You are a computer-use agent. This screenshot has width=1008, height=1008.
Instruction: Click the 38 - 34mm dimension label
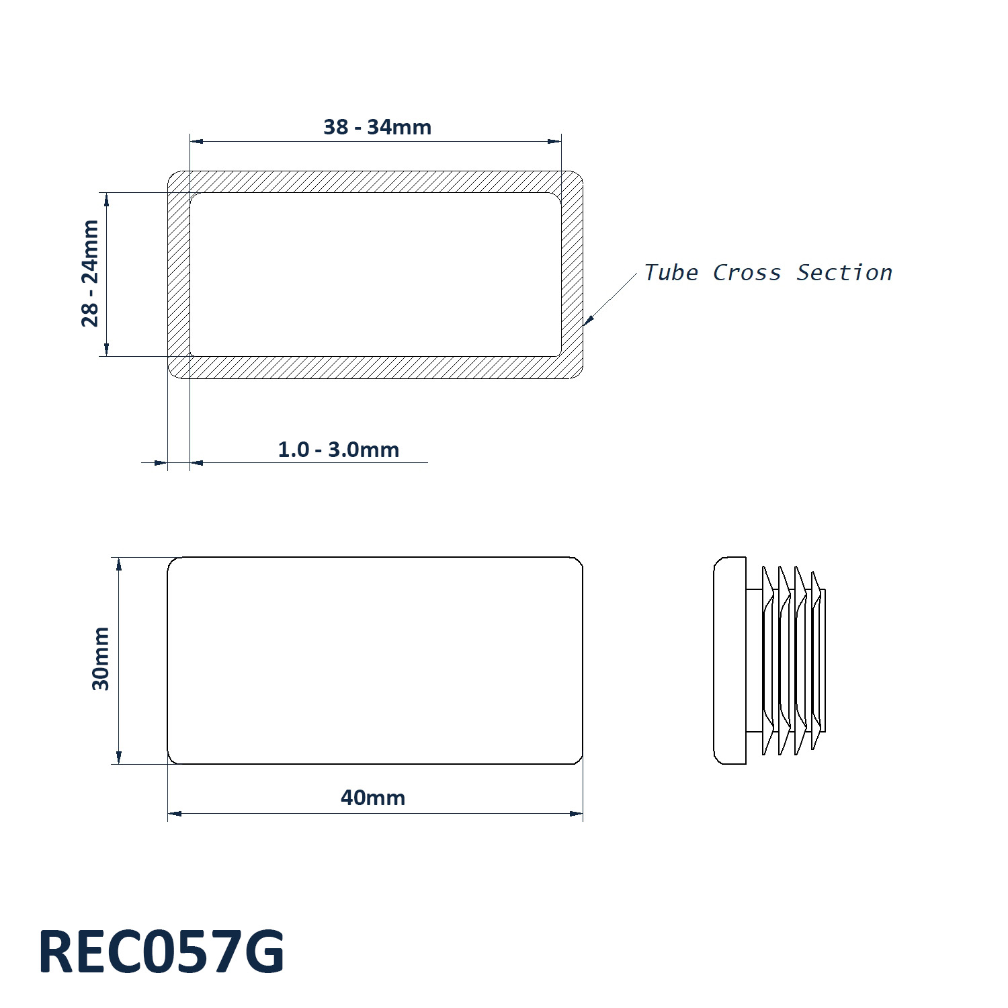pos(377,127)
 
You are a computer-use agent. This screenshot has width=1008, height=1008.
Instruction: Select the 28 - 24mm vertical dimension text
pos(90,274)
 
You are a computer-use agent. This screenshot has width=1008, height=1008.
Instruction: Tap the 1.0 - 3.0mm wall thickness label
pos(338,450)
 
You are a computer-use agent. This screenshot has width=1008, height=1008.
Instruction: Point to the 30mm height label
pos(101,659)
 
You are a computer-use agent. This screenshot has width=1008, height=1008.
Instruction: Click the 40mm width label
pos(373,798)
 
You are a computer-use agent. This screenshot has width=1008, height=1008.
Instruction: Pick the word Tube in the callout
pos(671,272)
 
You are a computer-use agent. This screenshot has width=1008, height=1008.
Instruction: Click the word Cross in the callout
pos(747,273)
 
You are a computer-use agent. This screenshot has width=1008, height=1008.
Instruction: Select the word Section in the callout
pos(844,273)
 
